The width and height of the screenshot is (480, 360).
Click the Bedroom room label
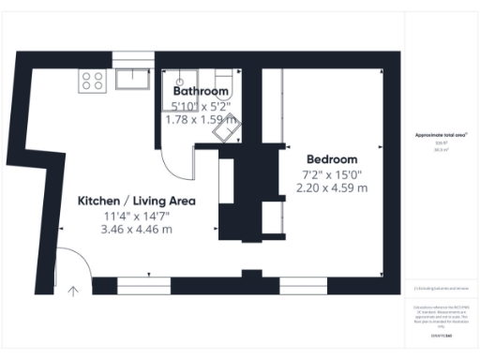click(x=331, y=158)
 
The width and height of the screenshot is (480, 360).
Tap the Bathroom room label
click(x=201, y=91)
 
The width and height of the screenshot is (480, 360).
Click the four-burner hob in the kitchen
click(x=93, y=81)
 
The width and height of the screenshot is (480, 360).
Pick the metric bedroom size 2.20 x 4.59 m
click(x=332, y=188)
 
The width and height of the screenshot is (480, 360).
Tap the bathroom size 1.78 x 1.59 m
click(x=201, y=119)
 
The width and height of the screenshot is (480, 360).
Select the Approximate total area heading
click(x=441, y=136)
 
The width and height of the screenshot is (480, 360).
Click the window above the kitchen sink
click(x=132, y=59)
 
